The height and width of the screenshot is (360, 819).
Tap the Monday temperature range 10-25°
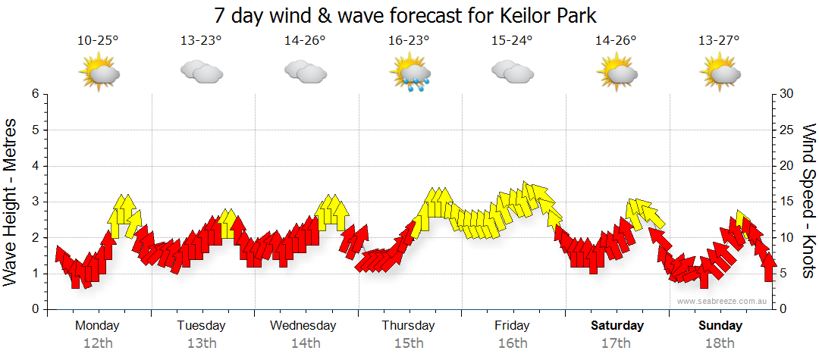pos(98,41)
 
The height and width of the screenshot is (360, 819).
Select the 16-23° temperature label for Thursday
pos(409,41)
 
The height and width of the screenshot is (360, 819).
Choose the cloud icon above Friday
pos(512,72)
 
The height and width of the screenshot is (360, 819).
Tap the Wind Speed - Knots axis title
pos(808,201)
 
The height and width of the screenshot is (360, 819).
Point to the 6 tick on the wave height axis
pos(34,94)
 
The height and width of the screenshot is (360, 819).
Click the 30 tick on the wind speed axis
pos(786,94)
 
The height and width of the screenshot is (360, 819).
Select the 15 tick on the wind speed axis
pos(786,202)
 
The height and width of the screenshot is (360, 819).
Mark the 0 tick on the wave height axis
pos(34,309)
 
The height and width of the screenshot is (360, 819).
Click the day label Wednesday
pos(303,326)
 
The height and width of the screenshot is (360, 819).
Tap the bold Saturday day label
pos(617,326)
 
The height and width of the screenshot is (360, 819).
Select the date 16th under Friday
pos(513,343)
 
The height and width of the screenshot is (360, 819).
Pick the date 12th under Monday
pos(98,343)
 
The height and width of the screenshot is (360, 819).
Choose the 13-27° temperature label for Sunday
pos(720,41)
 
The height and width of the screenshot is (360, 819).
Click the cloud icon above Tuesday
pos(201,72)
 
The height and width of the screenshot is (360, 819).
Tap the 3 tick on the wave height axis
pos(34,202)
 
